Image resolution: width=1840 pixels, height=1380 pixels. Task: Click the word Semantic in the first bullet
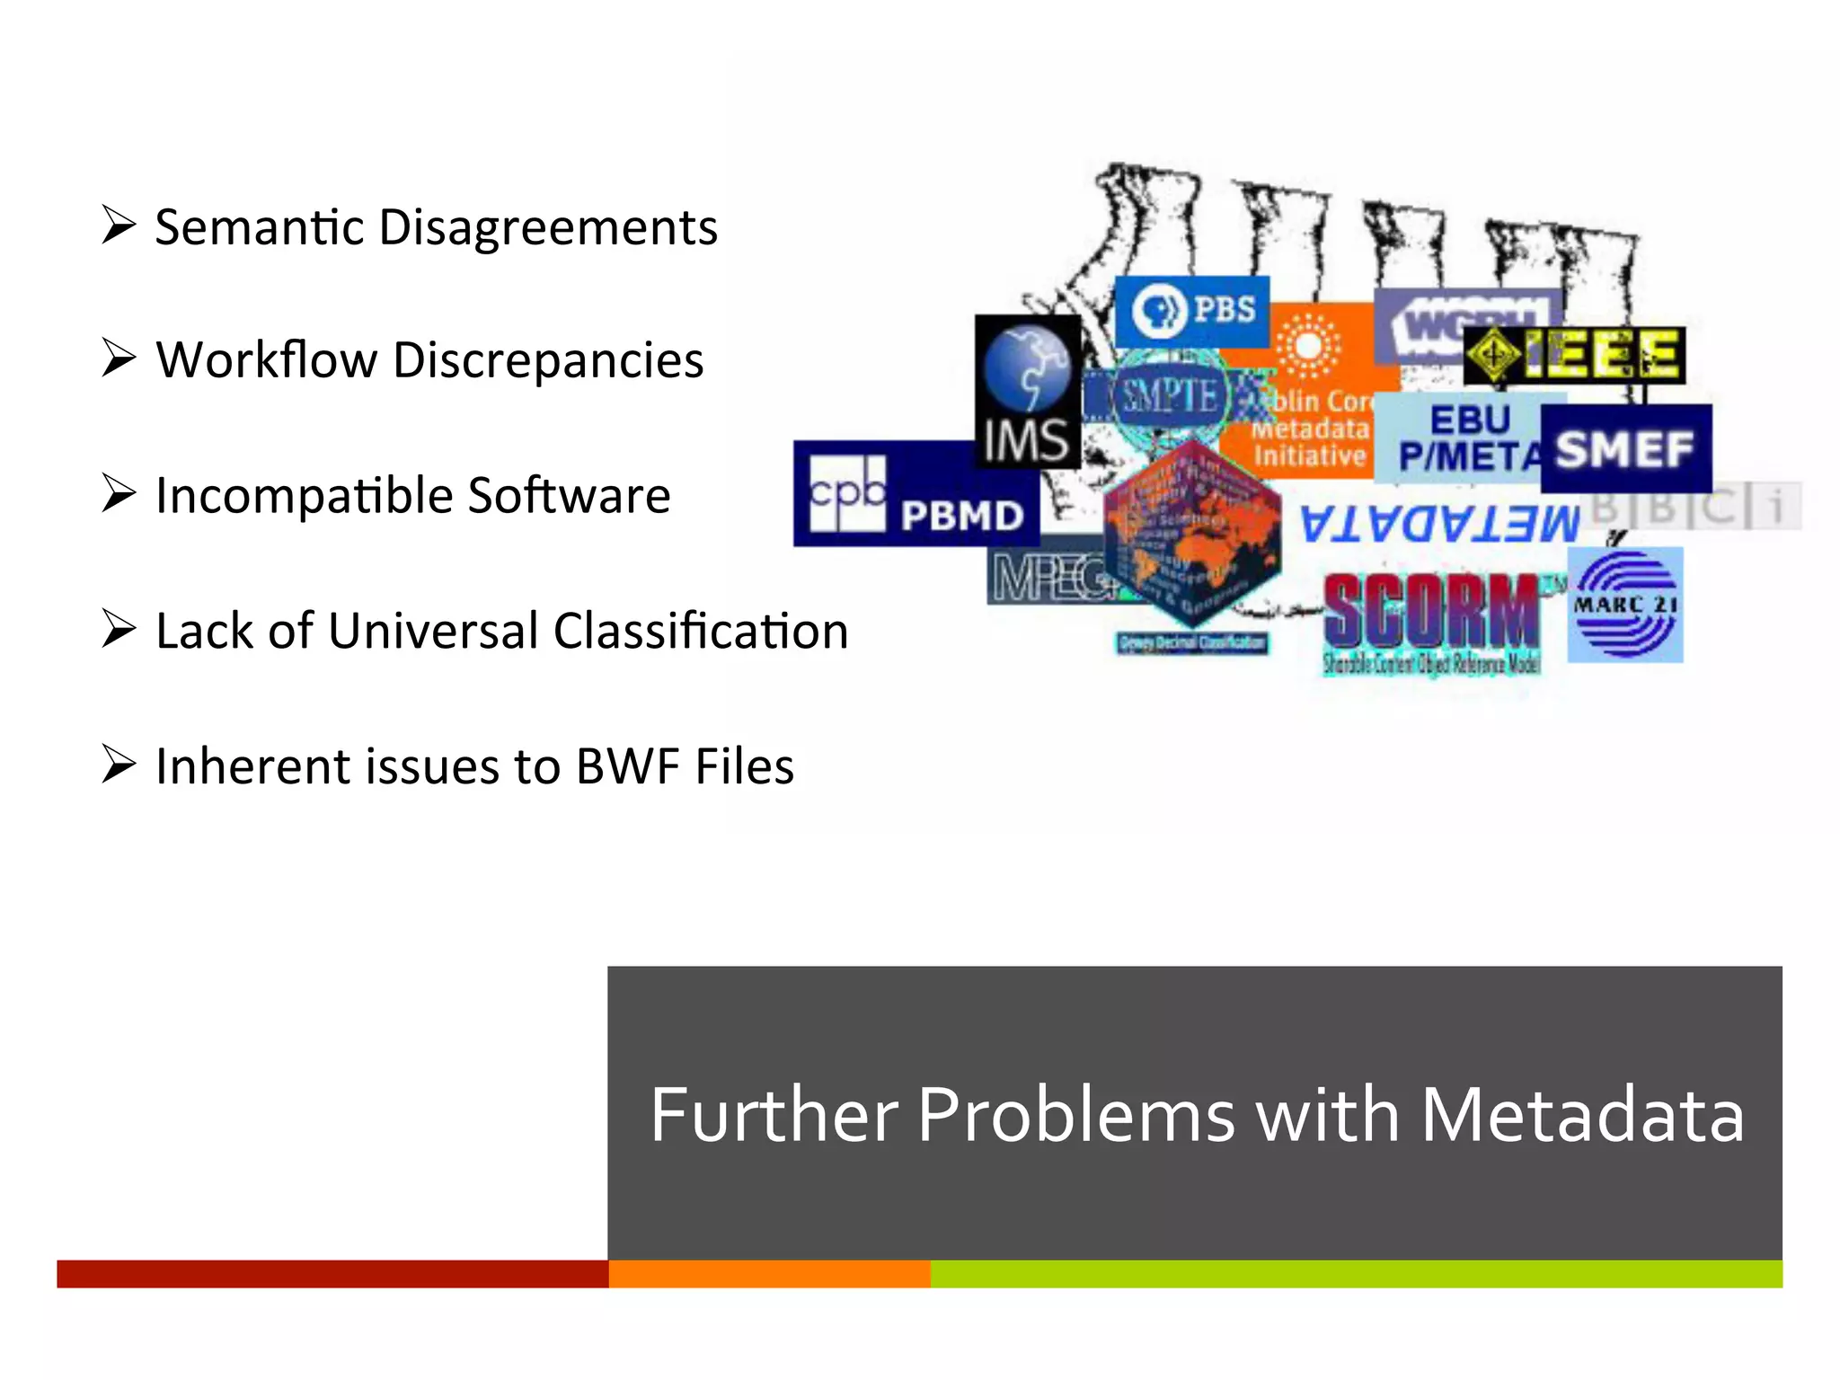[260, 227]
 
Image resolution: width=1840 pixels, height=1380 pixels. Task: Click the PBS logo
[1191, 311]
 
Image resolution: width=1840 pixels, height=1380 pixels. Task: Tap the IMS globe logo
[1028, 391]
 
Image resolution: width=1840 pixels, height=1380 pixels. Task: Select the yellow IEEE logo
[1574, 355]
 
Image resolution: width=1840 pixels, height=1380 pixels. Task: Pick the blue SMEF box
[1625, 448]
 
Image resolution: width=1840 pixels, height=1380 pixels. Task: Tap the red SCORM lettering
[1430, 611]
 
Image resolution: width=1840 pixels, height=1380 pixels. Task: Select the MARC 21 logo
[1624, 606]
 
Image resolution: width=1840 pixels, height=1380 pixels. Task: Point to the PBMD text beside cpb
[961, 516]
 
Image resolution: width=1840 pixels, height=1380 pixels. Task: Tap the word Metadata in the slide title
[1581, 1115]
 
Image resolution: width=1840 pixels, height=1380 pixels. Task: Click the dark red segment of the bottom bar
[332, 1273]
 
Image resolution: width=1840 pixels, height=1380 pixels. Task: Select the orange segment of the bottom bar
[769, 1273]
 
